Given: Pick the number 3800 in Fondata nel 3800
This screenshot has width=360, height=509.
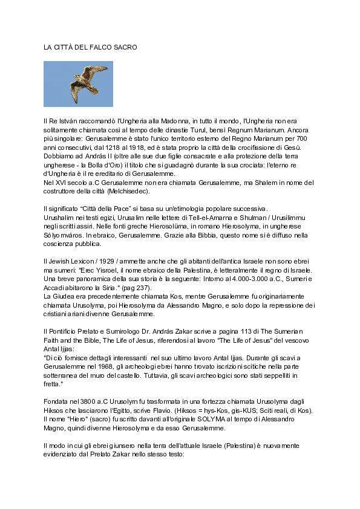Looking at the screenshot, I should (x=82, y=401).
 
